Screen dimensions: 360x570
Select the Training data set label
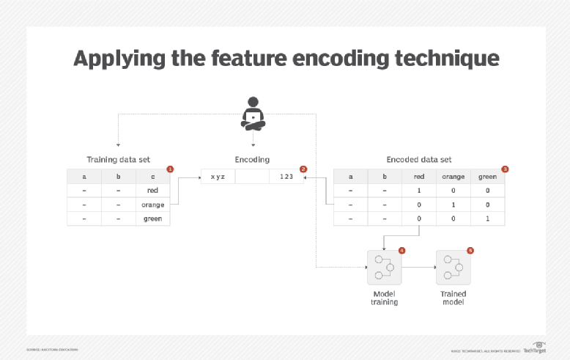click(x=117, y=159)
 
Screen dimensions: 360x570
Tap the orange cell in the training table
click(x=152, y=205)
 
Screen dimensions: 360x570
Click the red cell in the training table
click(x=152, y=191)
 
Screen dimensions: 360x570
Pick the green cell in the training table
click(x=152, y=218)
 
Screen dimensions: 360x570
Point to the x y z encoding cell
click(x=218, y=177)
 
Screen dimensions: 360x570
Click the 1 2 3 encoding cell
click(x=286, y=177)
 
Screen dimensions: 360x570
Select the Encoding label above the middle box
click(x=252, y=159)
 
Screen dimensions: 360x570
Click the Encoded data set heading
click(x=418, y=159)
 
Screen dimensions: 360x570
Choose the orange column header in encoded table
click(x=454, y=177)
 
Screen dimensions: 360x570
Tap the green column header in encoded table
click(x=487, y=177)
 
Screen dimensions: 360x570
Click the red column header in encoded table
click(x=419, y=177)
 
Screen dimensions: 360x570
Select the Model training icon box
click(x=385, y=268)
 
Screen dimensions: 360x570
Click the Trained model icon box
click(x=453, y=268)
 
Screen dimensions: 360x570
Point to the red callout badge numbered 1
click(x=170, y=169)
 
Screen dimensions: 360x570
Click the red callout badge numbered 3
click(x=505, y=169)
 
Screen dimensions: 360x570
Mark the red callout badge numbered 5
click(x=470, y=250)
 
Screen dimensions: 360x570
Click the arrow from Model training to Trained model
click(x=418, y=268)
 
